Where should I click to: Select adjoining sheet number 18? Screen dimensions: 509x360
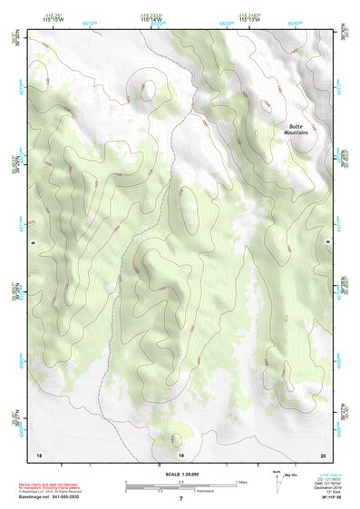(x=39, y=454)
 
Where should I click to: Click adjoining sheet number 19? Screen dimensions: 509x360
(x=180, y=454)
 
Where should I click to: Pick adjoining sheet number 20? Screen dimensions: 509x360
(x=322, y=454)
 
